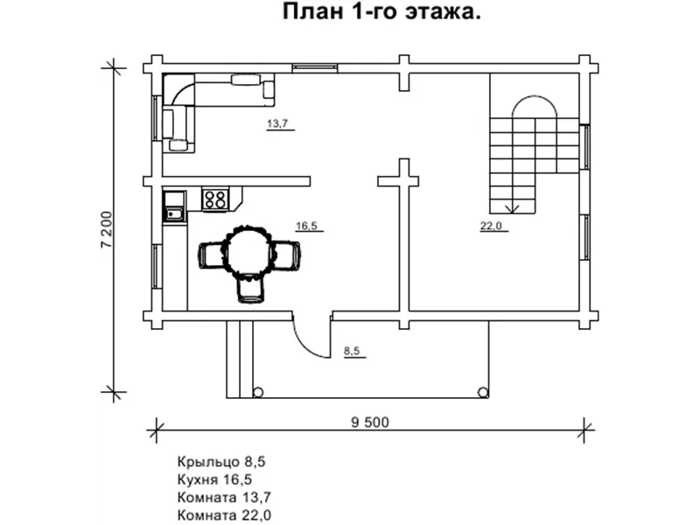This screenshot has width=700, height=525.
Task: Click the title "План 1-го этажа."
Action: [x=381, y=13]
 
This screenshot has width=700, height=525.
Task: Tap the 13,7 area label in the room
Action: [x=277, y=123]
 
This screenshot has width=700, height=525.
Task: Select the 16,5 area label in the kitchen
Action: [x=306, y=227]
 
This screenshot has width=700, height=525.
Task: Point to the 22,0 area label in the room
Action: [x=490, y=227]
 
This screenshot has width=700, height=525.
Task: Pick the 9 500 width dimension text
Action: [x=370, y=422]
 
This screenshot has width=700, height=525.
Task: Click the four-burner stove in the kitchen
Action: [x=215, y=199]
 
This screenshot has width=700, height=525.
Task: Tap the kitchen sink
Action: [x=172, y=210]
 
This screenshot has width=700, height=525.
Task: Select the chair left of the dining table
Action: [x=213, y=255]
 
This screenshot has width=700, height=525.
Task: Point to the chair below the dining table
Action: [x=249, y=290]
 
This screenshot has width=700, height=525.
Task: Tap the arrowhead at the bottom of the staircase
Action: [x=513, y=208]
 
